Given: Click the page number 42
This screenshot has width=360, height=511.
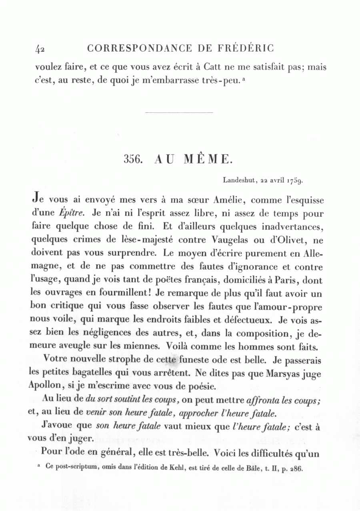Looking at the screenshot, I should [x=39, y=49].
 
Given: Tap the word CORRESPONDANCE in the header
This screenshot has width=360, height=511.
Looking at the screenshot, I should [x=139, y=48].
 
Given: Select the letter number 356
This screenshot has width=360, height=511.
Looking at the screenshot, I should [x=134, y=159].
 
